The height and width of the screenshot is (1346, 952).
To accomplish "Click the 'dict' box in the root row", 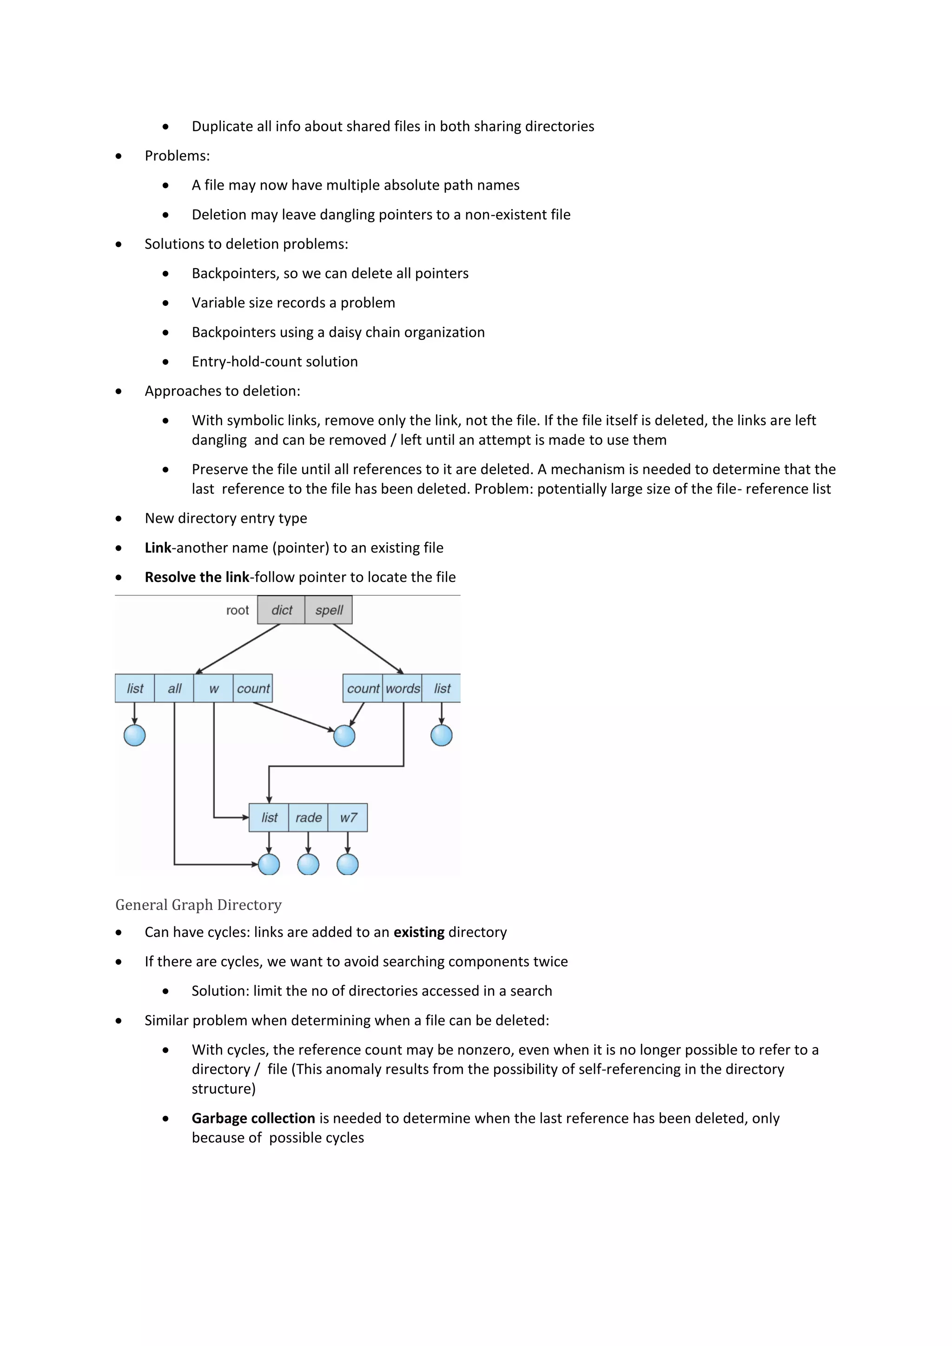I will (281, 610).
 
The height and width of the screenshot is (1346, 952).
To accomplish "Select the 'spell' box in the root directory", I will (328, 610).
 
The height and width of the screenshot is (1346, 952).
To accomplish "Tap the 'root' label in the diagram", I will (238, 610).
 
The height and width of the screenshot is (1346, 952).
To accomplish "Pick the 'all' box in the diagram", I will (174, 688).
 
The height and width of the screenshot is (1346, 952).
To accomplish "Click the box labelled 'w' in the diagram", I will (213, 688).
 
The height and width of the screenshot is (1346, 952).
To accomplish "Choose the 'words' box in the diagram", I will (403, 688).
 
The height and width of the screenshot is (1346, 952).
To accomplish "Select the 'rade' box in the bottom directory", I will (308, 817).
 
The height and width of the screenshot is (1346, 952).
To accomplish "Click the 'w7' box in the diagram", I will (348, 817).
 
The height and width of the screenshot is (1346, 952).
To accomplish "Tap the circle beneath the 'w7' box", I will (348, 864).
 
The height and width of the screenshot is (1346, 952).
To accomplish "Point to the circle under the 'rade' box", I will (308, 864).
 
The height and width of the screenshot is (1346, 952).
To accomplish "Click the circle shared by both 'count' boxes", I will (344, 736).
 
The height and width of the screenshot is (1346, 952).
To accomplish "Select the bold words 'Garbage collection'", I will (253, 1118).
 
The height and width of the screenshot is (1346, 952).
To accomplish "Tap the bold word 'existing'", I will (418, 932).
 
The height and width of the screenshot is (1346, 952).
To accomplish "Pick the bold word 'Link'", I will (158, 548).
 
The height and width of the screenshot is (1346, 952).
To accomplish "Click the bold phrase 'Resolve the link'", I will (197, 577).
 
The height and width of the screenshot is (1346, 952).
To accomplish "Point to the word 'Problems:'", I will (177, 156).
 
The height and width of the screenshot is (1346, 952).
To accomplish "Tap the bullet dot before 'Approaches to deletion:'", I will (119, 391).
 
